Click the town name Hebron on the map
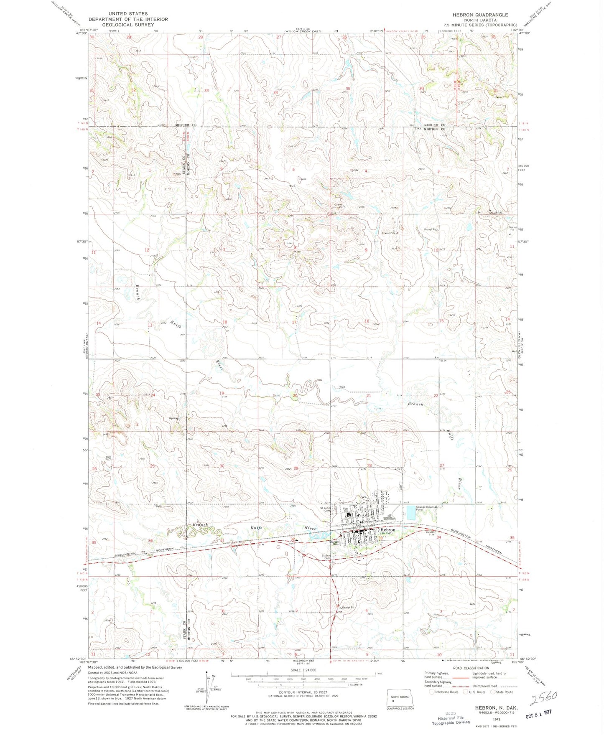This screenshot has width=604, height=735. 387,529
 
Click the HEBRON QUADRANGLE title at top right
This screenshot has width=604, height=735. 480,15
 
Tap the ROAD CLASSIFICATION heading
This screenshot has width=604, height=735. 474,668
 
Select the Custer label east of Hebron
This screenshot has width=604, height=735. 430,532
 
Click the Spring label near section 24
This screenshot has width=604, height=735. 173,418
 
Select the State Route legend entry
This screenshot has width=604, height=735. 502,692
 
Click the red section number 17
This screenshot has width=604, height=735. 294,322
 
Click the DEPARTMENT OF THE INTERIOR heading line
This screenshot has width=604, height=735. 128,19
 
